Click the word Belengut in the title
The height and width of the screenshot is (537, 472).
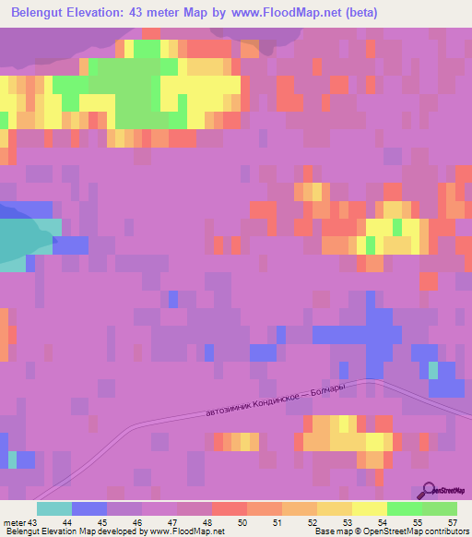(39, 13)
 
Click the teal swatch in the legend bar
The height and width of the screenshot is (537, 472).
(54, 508)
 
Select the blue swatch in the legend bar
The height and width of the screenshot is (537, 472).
(89, 508)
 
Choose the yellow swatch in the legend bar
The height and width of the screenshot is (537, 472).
(370, 508)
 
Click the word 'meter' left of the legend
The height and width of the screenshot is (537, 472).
(14, 522)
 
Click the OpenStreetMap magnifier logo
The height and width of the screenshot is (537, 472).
(430, 491)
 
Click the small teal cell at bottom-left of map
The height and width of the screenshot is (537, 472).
(13, 458)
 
